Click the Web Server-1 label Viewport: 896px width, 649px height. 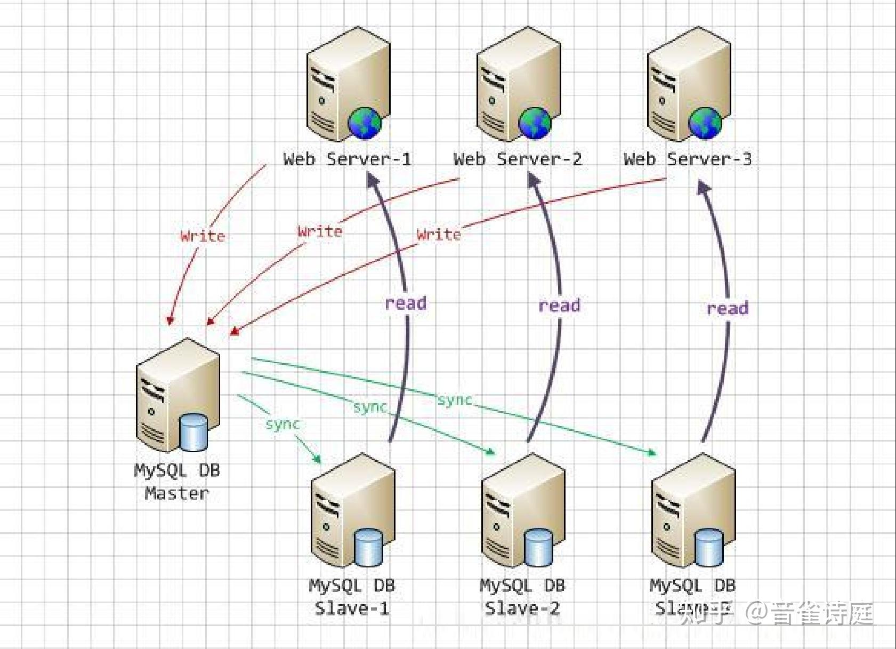click(347, 158)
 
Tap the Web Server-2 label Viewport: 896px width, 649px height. click(517, 158)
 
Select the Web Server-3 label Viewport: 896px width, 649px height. click(688, 158)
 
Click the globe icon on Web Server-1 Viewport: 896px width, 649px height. click(365, 123)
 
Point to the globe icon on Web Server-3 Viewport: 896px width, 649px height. click(705, 123)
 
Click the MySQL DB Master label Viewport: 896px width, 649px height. click(177, 482)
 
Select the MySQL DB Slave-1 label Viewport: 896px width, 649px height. click(352, 596)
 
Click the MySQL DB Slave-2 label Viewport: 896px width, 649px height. click(522, 596)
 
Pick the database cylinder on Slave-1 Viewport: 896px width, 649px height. click(369, 547)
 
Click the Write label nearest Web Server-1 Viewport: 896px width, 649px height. click(203, 236)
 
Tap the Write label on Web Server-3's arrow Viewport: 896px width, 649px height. click(439, 234)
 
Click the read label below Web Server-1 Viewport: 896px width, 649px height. click(406, 303)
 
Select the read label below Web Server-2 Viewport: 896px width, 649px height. click(559, 305)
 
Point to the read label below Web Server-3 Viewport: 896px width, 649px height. click(728, 308)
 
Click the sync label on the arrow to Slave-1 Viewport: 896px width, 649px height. click(282, 424)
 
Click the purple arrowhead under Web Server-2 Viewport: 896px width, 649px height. click(534, 180)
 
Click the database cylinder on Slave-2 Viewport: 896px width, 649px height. click(538, 547)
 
